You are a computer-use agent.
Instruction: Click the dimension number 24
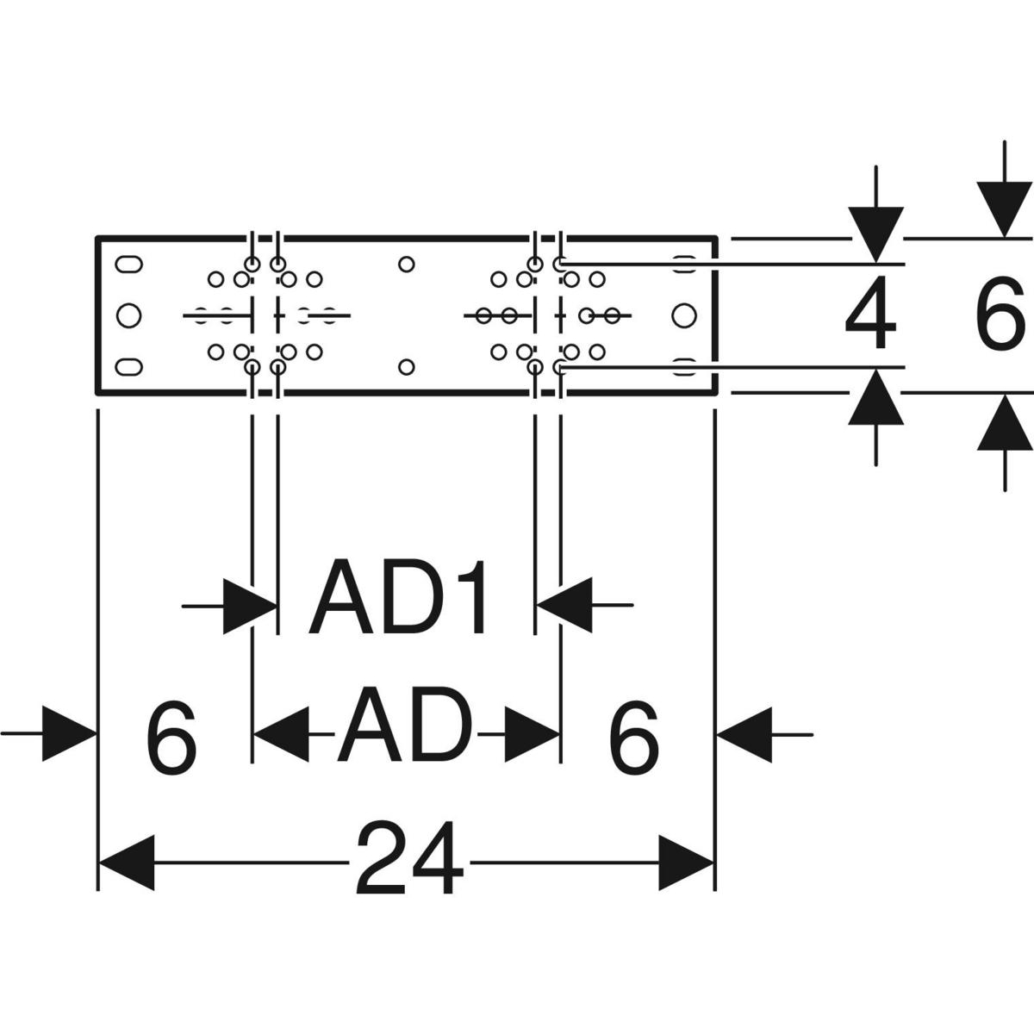click(x=409, y=859)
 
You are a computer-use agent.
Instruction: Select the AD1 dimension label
click(x=401, y=597)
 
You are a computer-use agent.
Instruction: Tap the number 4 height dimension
click(x=870, y=316)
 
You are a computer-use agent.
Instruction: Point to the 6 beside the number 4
click(x=1000, y=316)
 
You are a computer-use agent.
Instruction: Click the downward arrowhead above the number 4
click(x=875, y=234)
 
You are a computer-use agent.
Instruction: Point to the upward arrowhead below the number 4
click(x=875, y=398)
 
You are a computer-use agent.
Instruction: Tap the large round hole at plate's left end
click(x=128, y=315)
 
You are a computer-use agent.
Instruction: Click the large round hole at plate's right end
click(x=683, y=315)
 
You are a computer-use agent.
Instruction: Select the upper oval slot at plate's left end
click(x=128, y=264)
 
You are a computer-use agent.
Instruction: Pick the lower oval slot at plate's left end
click(x=128, y=367)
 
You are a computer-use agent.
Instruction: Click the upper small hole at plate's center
click(x=407, y=264)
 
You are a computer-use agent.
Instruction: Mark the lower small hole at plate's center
click(x=407, y=367)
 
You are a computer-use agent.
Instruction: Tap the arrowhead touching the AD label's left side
click(x=283, y=735)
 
